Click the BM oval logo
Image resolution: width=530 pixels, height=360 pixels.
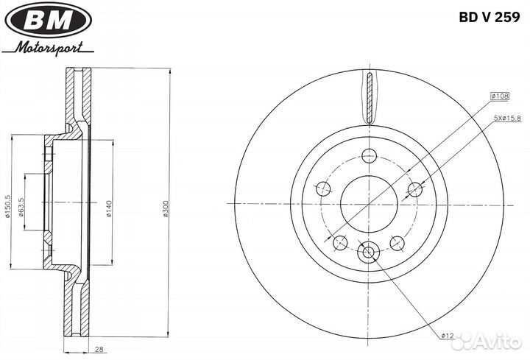point(49,20)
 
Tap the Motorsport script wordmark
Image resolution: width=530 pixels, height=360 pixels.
point(48,48)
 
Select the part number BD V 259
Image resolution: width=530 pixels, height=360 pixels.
point(489,17)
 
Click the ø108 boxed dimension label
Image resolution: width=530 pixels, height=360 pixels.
point(500,96)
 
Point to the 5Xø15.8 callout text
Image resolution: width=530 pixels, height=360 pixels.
point(507,119)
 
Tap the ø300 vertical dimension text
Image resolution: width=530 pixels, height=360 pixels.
point(166,208)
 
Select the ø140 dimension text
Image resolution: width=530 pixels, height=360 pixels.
point(109,208)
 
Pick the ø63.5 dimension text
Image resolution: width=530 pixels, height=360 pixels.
point(21,207)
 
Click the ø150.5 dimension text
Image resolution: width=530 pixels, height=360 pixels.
point(7,207)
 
